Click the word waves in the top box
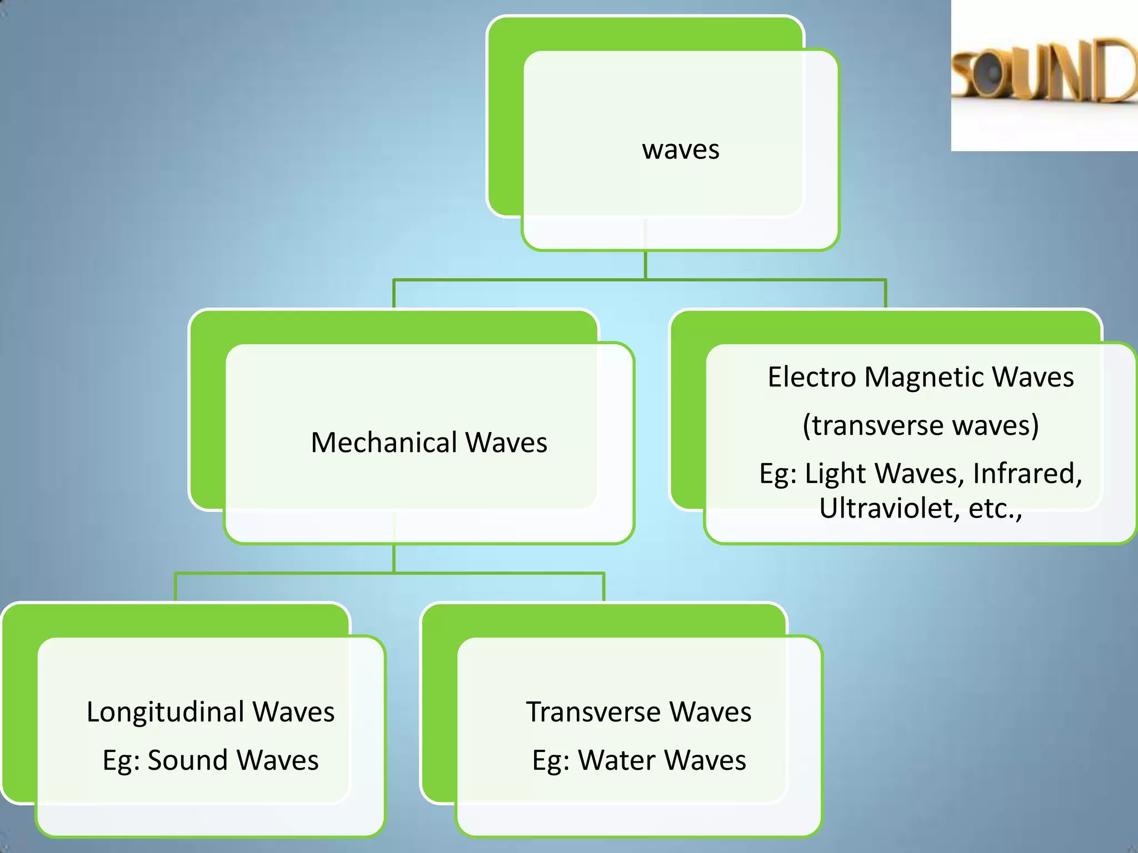coord(681,150)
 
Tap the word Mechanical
coord(384,443)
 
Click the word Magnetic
coord(924,377)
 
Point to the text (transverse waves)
coord(921,426)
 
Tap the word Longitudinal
coord(165,712)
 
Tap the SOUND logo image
coord(1044,75)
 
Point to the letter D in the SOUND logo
coord(1117,71)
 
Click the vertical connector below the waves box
coord(645,265)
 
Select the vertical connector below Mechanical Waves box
coord(394,558)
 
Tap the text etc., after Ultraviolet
coord(995,508)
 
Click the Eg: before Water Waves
coord(551,761)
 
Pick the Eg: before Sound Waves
coord(121,761)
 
